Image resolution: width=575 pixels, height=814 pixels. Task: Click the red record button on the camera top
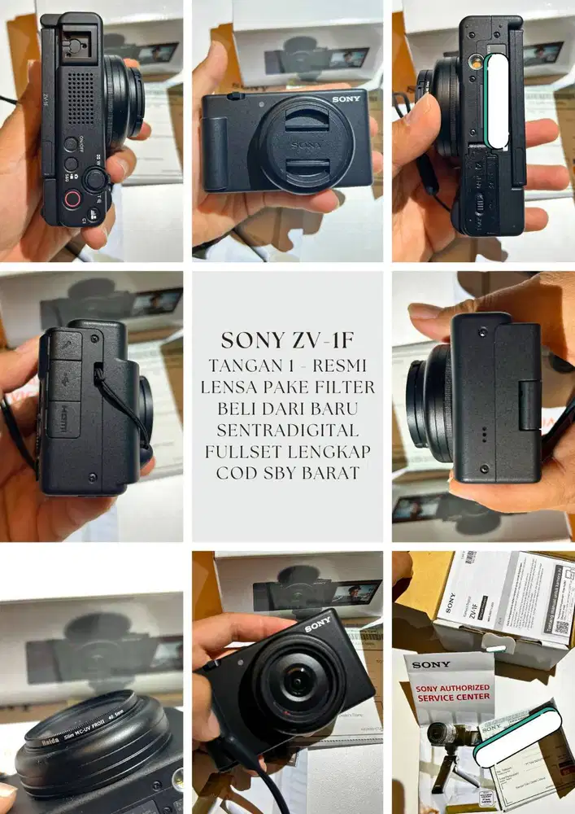coord(72,199)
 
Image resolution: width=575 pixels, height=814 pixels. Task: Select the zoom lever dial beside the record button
coord(96,180)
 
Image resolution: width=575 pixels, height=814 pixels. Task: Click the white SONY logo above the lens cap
coord(345,98)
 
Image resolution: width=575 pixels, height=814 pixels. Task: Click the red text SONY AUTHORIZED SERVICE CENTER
coord(453,692)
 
